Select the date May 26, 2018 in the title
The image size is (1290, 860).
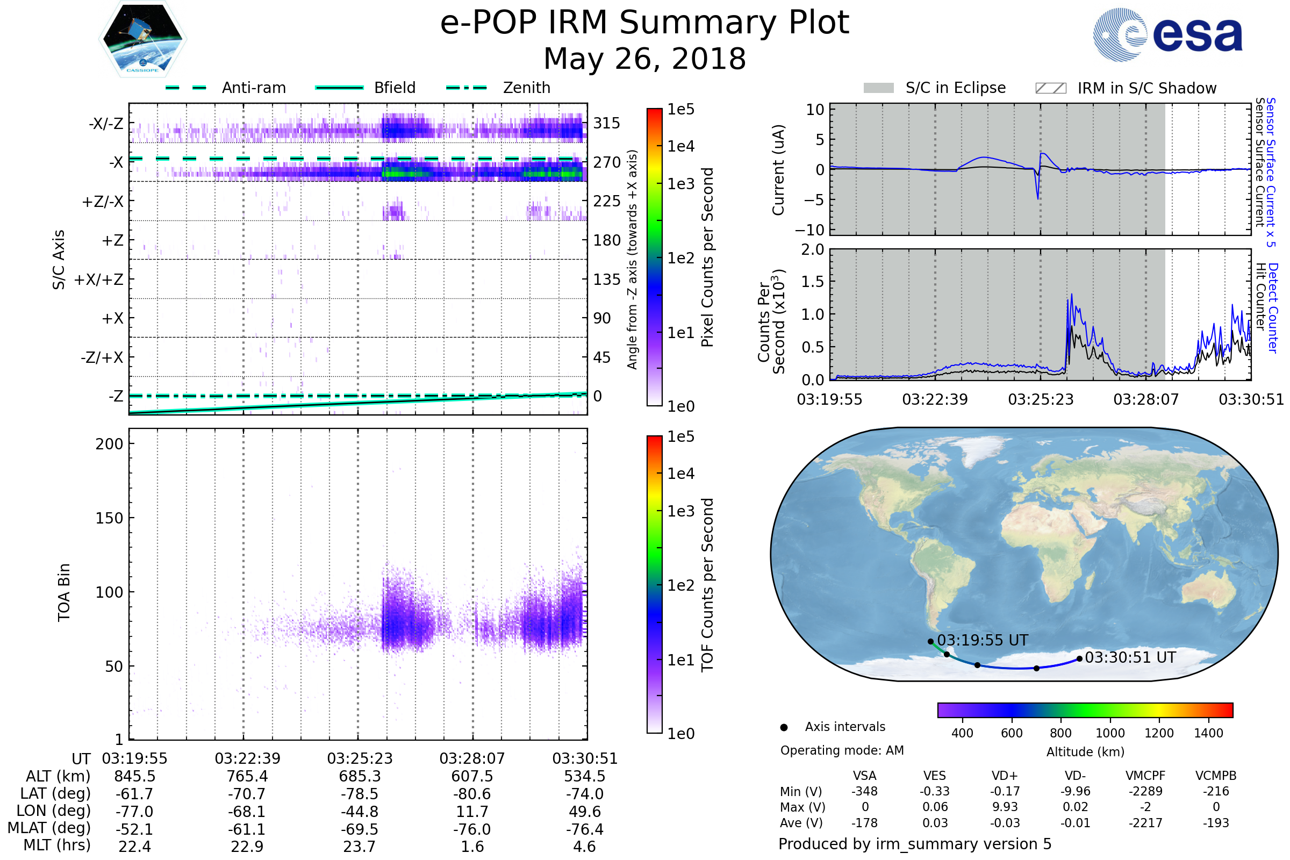644,59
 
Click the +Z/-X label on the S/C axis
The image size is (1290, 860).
103,201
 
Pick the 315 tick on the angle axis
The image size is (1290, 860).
607,123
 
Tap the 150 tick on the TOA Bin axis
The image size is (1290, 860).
109,518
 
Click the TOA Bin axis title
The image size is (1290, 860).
63,592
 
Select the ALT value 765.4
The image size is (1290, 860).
247,776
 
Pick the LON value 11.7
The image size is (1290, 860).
472,811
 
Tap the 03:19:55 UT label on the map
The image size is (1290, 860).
983,640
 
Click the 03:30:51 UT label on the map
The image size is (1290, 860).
1130,657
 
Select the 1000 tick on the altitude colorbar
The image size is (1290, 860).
1109,733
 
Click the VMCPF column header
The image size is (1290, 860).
1145,776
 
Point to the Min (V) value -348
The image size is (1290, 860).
864,791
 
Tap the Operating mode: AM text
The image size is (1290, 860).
842,750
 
